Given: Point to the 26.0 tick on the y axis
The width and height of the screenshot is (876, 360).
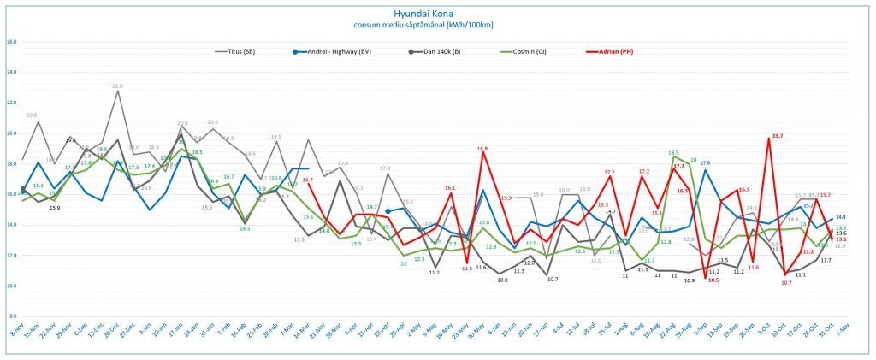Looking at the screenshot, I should (11, 42).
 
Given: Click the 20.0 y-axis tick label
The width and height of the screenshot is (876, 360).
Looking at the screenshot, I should (11, 133).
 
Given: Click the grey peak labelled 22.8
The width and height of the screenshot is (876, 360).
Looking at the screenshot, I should (117, 86).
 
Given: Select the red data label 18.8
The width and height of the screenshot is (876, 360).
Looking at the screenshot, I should (482, 149).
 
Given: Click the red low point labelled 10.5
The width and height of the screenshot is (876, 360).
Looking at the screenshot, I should (713, 280).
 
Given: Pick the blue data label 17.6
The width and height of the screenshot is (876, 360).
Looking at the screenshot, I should (705, 162).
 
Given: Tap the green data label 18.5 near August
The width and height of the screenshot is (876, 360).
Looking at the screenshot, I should (673, 153).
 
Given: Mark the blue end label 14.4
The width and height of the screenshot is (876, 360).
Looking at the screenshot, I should (841, 218).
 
